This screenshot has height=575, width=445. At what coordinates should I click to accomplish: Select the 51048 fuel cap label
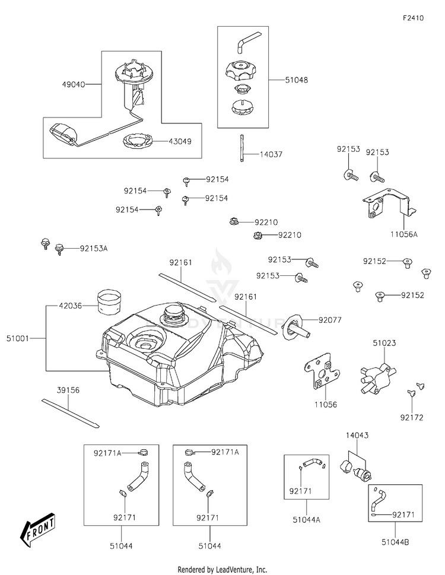[x=297, y=79]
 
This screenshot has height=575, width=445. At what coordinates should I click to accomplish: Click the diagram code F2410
[x=413, y=18]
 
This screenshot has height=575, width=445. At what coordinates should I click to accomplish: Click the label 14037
[x=271, y=154]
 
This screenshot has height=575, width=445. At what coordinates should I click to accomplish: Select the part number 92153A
[x=94, y=249]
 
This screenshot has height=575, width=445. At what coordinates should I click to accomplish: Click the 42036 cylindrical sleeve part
[x=108, y=300]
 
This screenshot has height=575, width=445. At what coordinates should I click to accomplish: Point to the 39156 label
[x=68, y=390]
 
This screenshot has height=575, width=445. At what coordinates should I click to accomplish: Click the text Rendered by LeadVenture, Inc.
[x=223, y=569]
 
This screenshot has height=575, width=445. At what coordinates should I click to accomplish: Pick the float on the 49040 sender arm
[x=59, y=132]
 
